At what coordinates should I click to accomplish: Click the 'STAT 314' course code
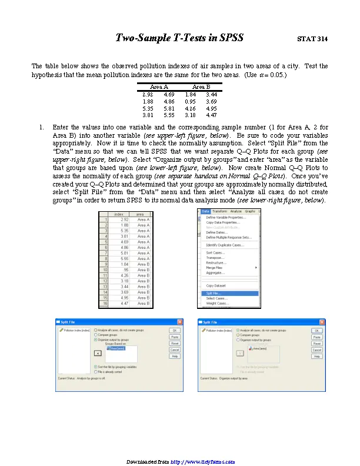point(312,39)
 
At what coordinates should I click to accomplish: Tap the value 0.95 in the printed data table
point(190,101)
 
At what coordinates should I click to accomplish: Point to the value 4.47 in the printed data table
point(211,115)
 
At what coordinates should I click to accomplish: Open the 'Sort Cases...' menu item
point(216,252)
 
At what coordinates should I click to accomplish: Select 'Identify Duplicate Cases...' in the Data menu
point(225,244)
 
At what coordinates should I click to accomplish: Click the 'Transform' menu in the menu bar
point(219,211)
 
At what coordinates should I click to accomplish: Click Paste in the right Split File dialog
point(316,337)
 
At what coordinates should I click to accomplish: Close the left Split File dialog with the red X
point(179,322)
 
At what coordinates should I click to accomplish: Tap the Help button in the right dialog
point(316,356)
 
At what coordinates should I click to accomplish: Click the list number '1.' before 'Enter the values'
point(42,127)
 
